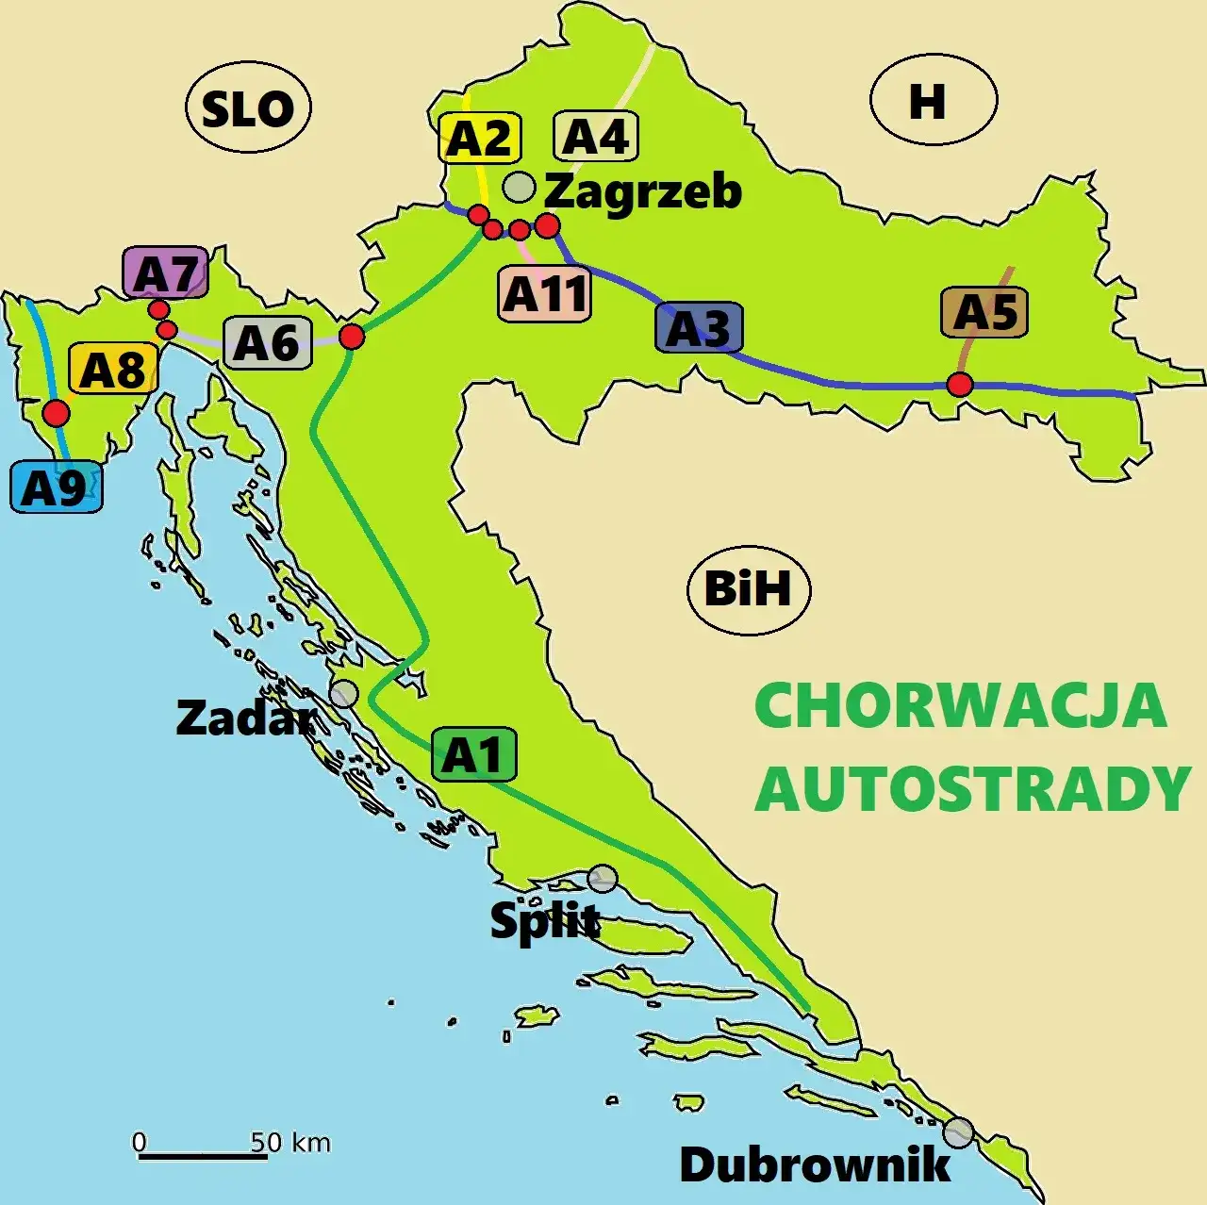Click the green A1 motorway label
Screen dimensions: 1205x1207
tap(473, 754)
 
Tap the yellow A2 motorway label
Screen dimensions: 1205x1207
tap(479, 139)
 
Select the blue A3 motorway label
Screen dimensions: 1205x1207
tap(699, 328)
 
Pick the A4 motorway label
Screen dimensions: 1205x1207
tap(595, 137)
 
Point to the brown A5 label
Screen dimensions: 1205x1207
tap(984, 313)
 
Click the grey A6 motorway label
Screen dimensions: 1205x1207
tap(267, 342)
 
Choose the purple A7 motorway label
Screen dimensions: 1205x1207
tap(166, 274)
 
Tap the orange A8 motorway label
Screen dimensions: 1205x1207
tap(113, 369)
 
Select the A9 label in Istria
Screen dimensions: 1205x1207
tap(56, 487)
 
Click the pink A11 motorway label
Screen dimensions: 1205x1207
tap(545, 293)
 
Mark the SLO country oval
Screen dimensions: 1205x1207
tap(249, 109)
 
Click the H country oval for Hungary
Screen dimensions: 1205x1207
tap(933, 100)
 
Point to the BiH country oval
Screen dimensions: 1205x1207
tap(749, 589)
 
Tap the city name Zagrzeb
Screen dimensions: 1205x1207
tap(643, 191)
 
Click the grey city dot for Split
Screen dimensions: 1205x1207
tap(603, 879)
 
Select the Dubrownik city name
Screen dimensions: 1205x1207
tap(815, 1164)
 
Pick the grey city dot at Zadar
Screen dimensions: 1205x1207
tap(344, 694)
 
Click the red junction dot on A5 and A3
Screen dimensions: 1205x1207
tap(960, 385)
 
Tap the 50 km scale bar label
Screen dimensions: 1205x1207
tap(290, 1143)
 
